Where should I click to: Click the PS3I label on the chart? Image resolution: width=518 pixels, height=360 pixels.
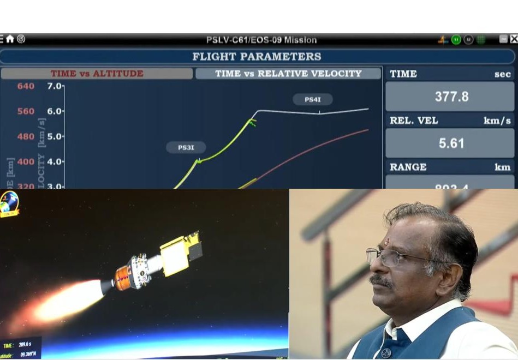pos(186,147)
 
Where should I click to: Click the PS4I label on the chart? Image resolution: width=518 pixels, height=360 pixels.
pos(313,99)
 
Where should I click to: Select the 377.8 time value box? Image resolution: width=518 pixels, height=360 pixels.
pos(450,97)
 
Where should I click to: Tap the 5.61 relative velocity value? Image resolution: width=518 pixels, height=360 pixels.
pos(450,143)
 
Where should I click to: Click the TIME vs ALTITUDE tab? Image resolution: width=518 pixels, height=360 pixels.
pos(97,73)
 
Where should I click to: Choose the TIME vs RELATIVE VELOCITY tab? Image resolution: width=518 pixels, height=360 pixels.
pos(288,73)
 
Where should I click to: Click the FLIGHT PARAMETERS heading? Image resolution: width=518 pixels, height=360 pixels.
pos(257,57)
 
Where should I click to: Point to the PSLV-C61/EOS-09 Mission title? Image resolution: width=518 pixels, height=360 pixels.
pos(261,40)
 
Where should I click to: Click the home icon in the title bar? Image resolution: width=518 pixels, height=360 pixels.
pos(10,39)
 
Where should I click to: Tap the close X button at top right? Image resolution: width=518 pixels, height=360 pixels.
pos(514,39)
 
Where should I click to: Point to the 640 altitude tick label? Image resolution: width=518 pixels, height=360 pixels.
pos(26,86)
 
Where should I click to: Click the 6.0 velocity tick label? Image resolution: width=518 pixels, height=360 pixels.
pos(55,111)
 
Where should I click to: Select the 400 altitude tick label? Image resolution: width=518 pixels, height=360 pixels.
pos(26,161)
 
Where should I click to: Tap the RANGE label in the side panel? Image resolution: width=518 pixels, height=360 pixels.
pos(408,167)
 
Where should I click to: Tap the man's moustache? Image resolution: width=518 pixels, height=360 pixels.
pos(380,281)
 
